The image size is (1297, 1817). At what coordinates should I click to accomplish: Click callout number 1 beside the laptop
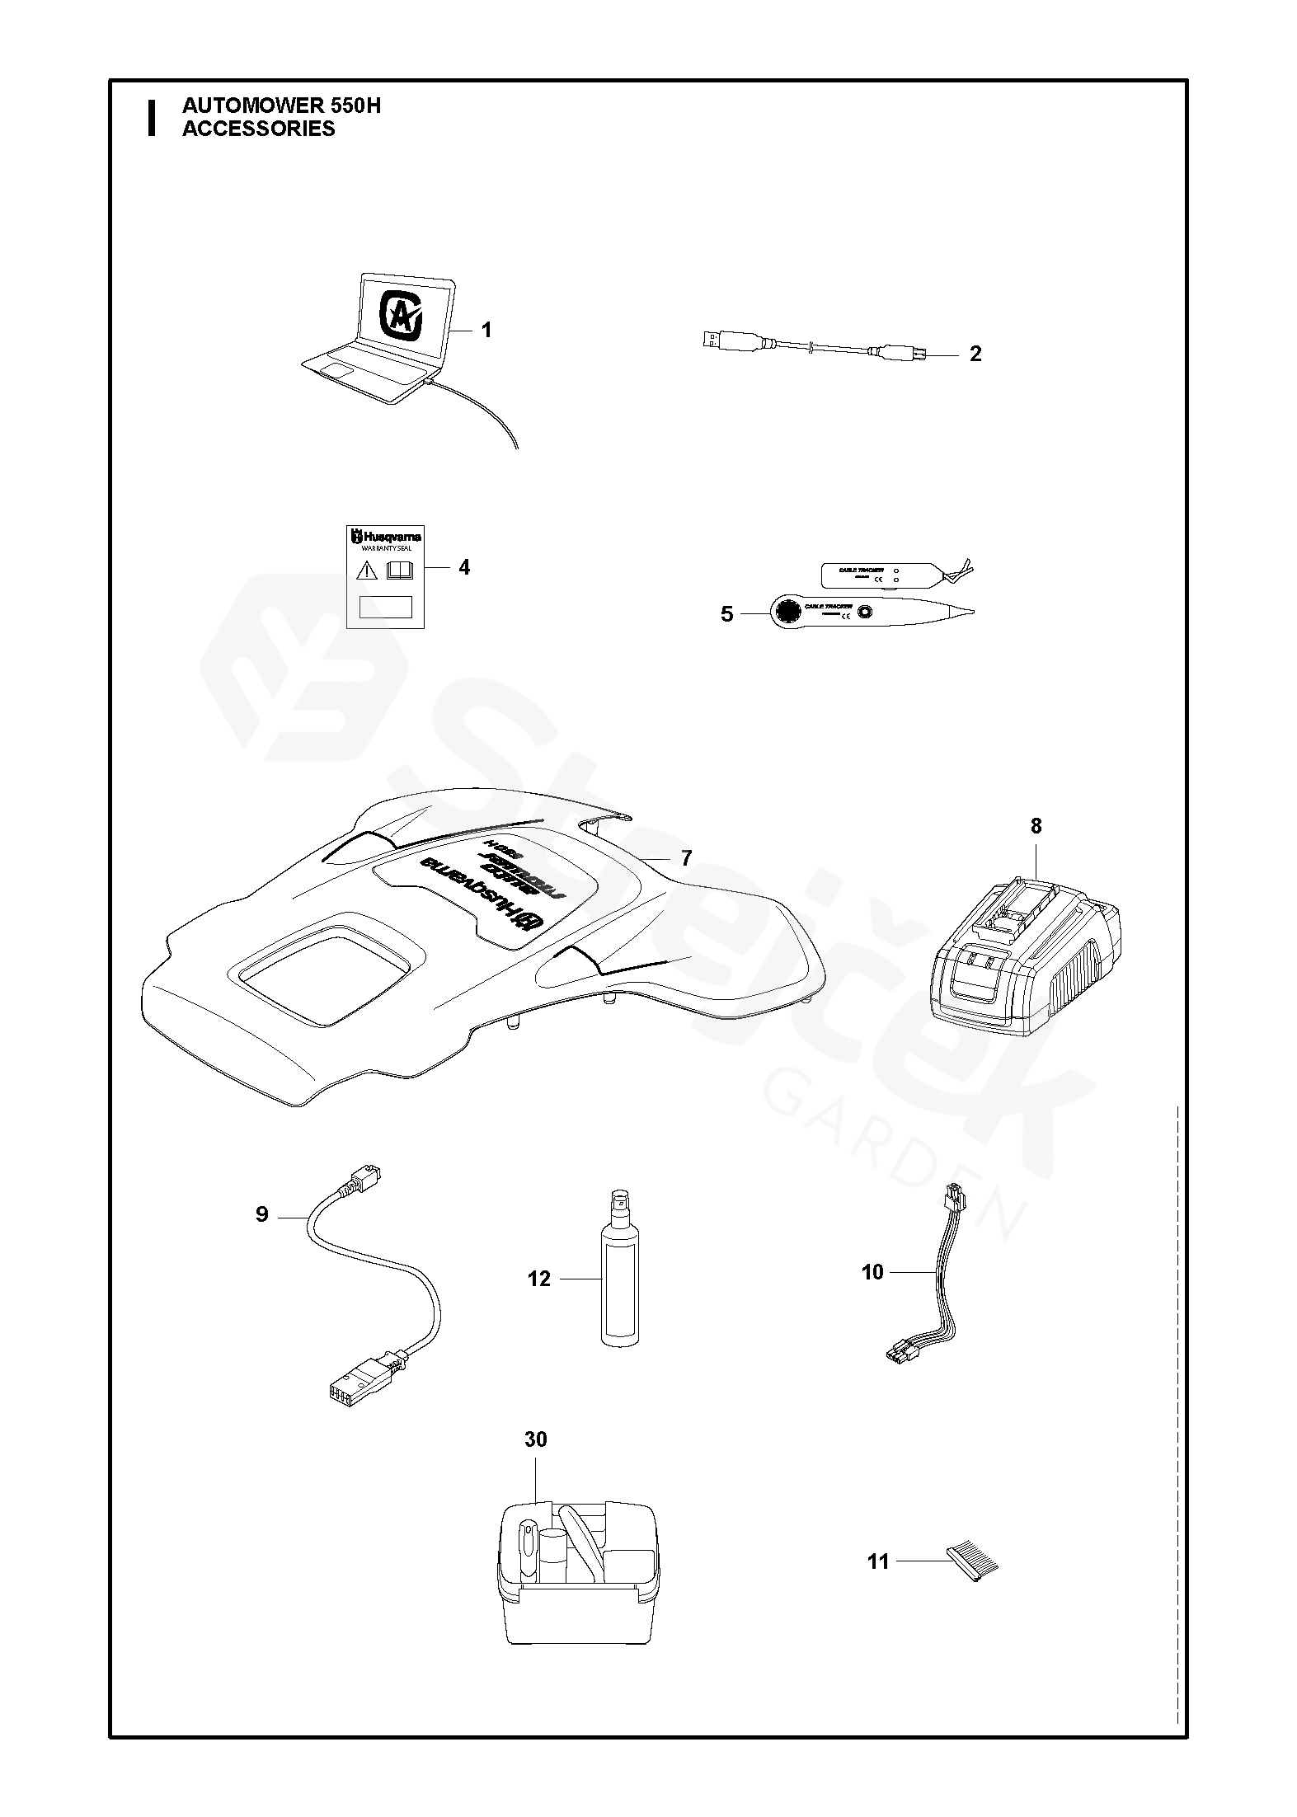pos(486,331)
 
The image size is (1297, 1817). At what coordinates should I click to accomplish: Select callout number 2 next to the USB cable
pos(975,354)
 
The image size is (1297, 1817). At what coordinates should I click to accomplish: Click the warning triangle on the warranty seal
pos(367,570)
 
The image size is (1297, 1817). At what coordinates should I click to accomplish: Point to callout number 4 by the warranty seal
pos(464,567)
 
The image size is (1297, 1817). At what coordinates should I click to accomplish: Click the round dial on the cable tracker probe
pos(787,612)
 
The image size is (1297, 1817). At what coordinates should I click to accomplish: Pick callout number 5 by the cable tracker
pos(726,614)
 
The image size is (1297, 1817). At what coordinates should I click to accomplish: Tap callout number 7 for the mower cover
pos(686,858)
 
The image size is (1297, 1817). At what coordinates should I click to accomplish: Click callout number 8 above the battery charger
pos(1036,825)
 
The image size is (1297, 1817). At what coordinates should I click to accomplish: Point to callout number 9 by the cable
pos(261,1214)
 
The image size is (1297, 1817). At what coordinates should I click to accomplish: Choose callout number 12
pos(539,1279)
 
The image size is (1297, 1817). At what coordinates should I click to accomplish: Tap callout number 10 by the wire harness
pos(872,1272)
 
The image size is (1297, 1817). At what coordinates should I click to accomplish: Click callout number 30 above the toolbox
pos(536,1439)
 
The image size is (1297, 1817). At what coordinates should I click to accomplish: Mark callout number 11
pos(878,1561)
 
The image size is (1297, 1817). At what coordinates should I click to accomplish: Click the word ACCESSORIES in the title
pos(258,129)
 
